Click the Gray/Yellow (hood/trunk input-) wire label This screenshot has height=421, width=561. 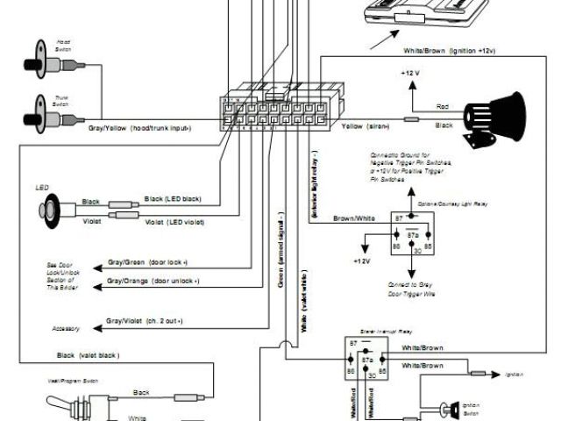click(139, 128)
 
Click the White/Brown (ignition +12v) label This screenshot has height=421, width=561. click(450, 51)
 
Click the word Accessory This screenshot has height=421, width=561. click(66, 329)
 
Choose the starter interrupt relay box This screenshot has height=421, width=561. click(366, 360)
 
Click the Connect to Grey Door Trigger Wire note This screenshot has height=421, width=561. click(410, 289)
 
